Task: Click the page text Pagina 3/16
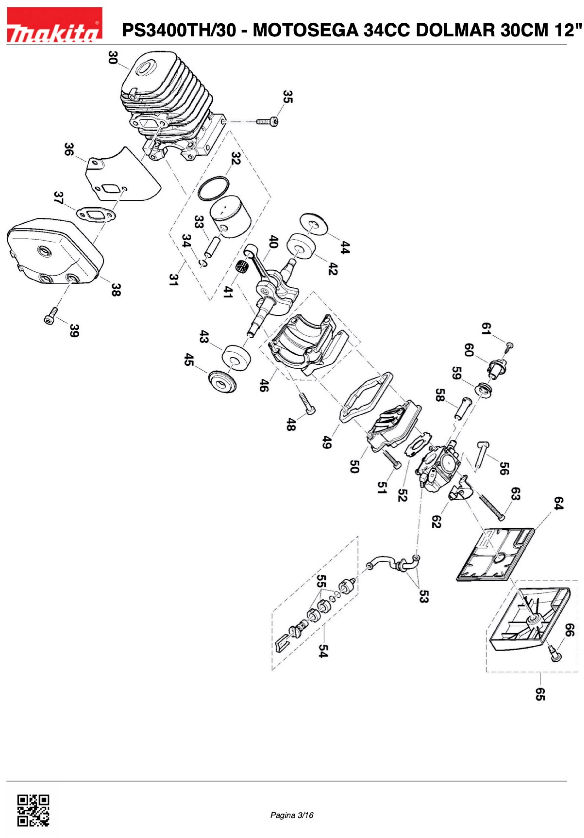[x=291, y=815]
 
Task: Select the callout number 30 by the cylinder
[x=113, y=57]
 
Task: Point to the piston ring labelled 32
[x=214, y=188]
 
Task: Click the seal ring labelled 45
[x=222, y=382]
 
